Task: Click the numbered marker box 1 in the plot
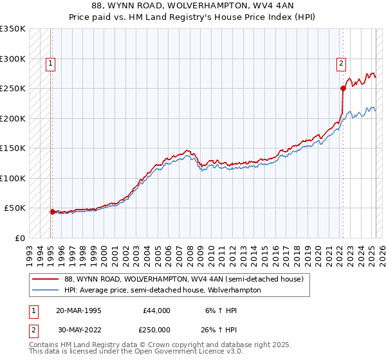click(x=50, y=63)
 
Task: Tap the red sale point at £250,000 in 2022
click(x=343, y=88)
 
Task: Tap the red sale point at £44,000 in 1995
click(x=52, y=211)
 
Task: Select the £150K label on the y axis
click(x=13, y=148)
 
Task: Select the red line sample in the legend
click(x=46, y=279)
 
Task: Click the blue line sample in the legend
click(x=46, y=290)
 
